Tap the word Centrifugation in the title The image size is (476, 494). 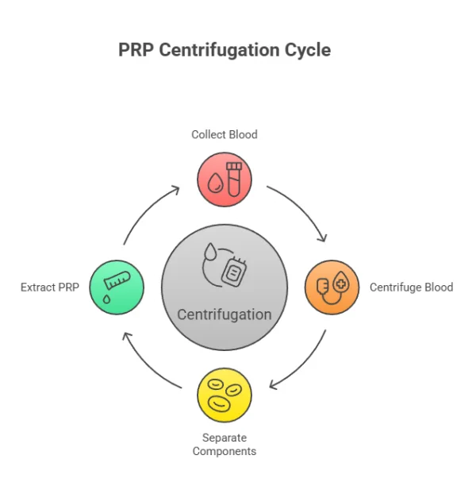coord(220,49)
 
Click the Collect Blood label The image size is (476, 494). coord(225,134)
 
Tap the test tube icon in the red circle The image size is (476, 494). coord(234,178)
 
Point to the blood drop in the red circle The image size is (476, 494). coord(215,183)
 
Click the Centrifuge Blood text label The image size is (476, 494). coord(411,287)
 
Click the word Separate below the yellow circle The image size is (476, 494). coord(225,438)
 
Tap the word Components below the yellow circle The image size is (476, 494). coord(225,451)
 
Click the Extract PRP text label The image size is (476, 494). coord(50,287)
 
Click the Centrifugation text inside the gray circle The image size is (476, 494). coord(225,314)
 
